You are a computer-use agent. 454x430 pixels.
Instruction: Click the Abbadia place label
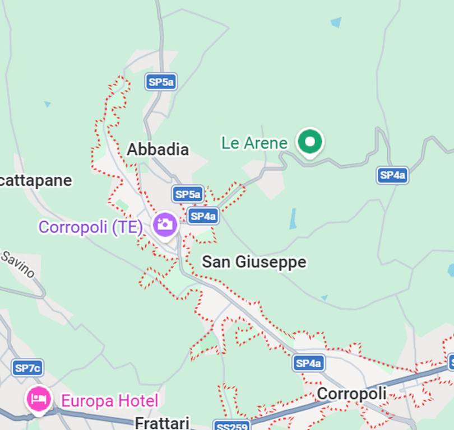coord(157,149)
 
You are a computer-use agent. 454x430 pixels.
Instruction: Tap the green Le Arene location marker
coord(309,141)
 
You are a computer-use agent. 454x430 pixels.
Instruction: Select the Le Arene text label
coord(254,143)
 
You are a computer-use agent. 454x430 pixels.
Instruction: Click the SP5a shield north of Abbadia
coord(161,82)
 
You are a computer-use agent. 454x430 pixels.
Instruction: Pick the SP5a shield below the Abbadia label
coord(187,194)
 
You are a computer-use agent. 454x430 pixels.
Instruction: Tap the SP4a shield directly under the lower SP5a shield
coord(202,216)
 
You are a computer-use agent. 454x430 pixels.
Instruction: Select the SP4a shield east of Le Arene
coord(392,175)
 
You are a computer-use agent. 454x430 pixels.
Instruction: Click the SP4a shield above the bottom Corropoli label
coord(308,363)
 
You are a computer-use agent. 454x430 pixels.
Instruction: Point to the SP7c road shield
coord(27,368)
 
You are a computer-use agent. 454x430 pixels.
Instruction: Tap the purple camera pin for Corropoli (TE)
coord(165,225)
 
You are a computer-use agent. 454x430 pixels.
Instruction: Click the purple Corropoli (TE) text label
coord(90,227)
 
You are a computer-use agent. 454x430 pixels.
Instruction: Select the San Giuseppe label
coord(254,261)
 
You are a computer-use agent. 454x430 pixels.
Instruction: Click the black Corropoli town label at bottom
coord(351,394)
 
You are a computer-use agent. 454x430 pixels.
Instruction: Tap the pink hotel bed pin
coord(39,399)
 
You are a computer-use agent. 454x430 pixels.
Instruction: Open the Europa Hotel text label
coord(109,401)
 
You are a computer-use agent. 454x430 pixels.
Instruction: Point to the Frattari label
coord(162,422)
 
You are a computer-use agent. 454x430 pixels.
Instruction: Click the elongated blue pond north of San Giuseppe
coord(293,218)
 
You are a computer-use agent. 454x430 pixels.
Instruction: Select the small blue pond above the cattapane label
coord(48,104)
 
